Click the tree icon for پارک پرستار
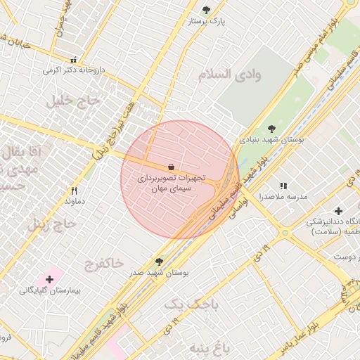click(205, 10)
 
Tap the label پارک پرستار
click(206, 22)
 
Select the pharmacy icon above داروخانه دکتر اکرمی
click(73, 59)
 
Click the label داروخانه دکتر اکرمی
click(74, 70)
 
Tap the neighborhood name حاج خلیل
click(69, 101)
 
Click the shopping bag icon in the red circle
click(172, 167)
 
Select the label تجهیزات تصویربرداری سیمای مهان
click(172, 184)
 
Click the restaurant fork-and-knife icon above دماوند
click(75, 191)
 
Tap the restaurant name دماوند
click(75, 202)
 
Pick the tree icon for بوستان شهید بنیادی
click(272, 128)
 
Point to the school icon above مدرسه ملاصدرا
click(283, 186)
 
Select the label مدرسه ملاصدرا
click(283, 198)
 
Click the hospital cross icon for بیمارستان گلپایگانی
click(49, 279)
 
